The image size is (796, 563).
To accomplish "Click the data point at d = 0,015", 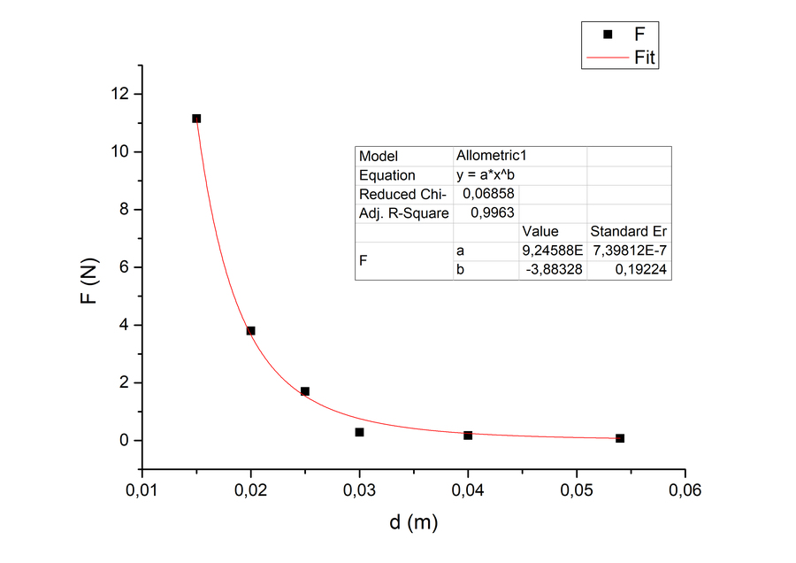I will (x=196, y=119).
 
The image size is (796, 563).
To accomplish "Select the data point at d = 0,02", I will (x=250, y=331).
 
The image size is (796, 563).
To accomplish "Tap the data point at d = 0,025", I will (x=305, y=391).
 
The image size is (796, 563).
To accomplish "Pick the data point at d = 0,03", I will (x=359, y=432).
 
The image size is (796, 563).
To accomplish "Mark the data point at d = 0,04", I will (x=468, y=436).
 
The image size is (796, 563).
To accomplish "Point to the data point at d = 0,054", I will (x=620, y=438).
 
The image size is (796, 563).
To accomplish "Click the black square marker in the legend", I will (x=607, y=35).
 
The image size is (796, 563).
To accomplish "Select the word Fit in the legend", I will (x=646, y=59).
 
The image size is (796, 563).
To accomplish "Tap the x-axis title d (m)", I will (x=414, y=522).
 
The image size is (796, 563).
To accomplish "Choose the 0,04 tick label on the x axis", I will (x=468, y=490).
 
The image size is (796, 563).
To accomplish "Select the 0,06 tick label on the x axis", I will (x=685, y=490).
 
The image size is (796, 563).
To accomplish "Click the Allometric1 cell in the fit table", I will (x=490, y=156).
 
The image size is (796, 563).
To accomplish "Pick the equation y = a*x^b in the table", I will (x=485, y=175).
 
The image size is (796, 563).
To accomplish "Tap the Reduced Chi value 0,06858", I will (x=489, y=194).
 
